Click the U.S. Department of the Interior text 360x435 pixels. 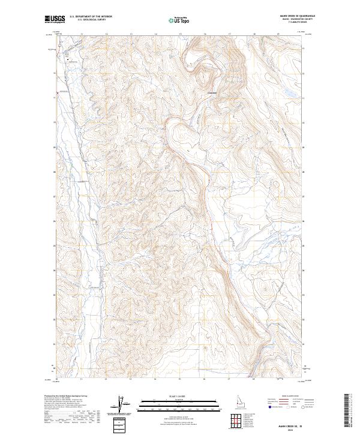coord(91,16)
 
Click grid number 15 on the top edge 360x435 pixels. coord(180,34)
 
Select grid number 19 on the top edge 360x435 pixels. coord(278,34)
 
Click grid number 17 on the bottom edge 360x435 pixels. coord(229,380)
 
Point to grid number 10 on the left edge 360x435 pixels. coord(55,123)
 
